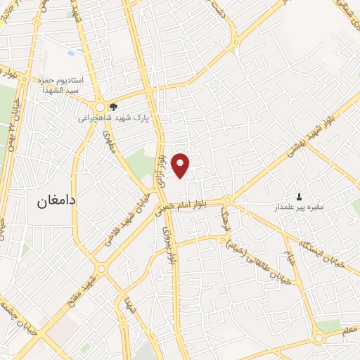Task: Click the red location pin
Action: point(181,165)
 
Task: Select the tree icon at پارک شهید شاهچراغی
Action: point(114,108)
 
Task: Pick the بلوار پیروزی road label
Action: point(167,243)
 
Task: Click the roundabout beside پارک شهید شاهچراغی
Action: point(100,102)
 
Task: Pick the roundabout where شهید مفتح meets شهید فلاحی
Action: point(101,268)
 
